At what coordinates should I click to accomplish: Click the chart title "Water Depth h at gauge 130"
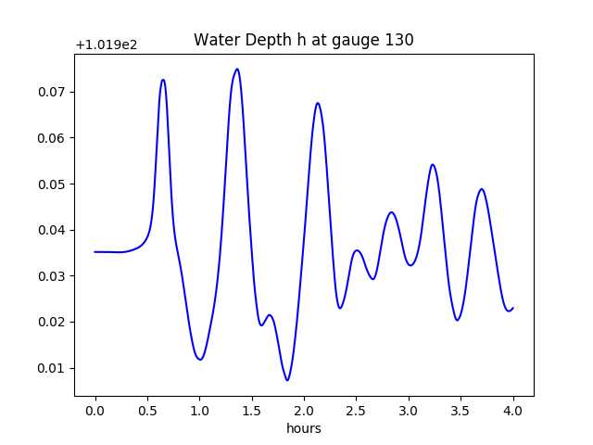pos(303,40)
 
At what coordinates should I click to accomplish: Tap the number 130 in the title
pos(399,40)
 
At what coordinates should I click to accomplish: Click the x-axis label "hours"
pos(303,428)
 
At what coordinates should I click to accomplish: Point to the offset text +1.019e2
pos(107,44)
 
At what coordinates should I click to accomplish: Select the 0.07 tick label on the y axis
pos(52,92)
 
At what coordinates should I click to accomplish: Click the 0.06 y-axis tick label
pos(52,138)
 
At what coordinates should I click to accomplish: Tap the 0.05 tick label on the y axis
pos(52,184)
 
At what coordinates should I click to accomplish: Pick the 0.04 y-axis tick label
pos(52,230)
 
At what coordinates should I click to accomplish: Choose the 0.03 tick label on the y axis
pos(52,276)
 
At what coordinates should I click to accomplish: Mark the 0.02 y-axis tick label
pos(52,322)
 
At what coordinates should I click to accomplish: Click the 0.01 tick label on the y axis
pos(52,368)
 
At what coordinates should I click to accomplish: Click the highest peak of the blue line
pos(237,69)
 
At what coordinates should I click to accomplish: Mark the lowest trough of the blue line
pos(287,380)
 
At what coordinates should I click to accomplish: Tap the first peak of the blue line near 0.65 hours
pos(163,80)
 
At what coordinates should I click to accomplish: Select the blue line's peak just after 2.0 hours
pos(318,103)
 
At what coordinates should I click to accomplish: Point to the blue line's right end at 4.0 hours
pos(512,308)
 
